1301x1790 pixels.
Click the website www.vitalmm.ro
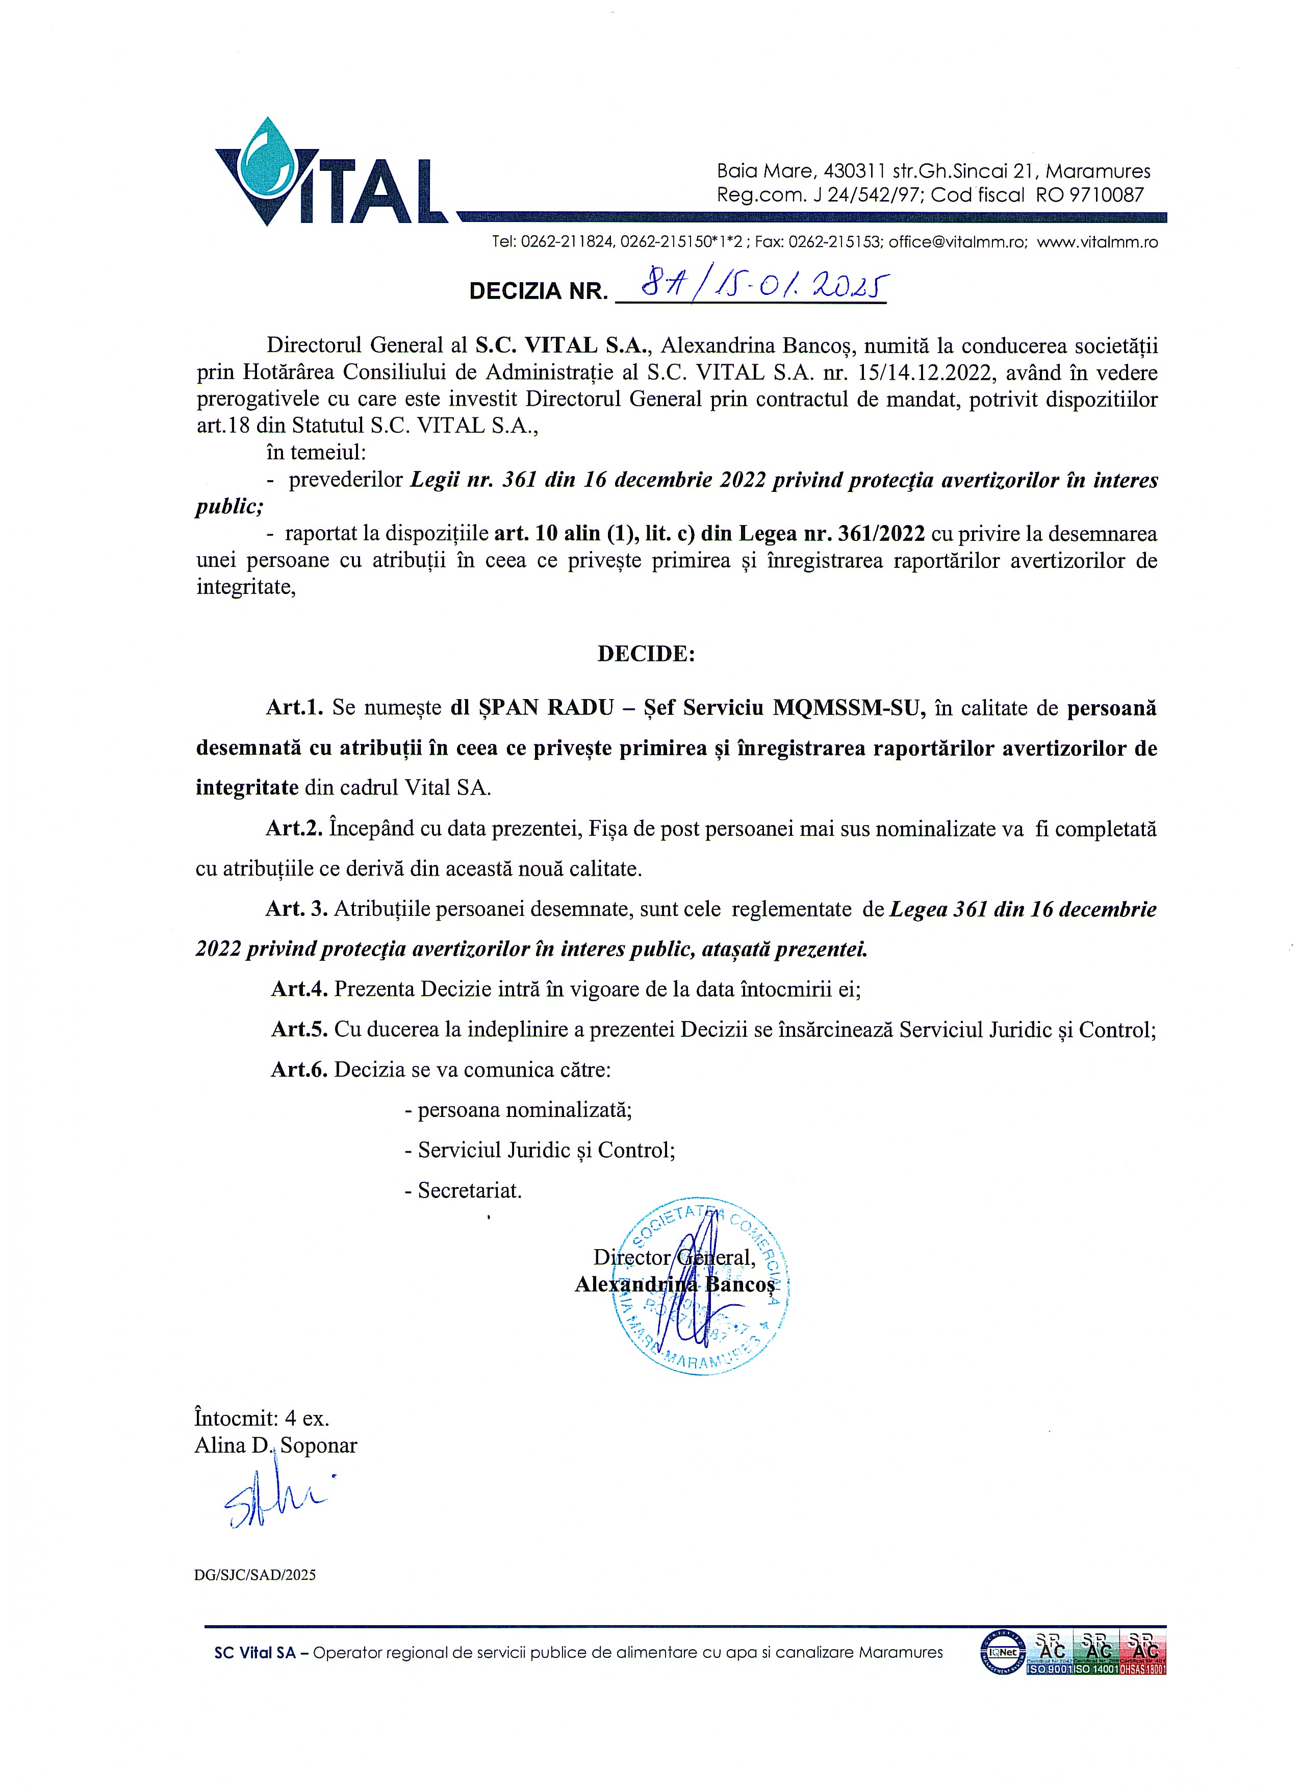point(1098,242)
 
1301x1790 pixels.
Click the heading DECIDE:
point(645,654)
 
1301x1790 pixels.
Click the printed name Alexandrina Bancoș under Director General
point(675,1284)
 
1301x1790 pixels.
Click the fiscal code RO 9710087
point(1089,195)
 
